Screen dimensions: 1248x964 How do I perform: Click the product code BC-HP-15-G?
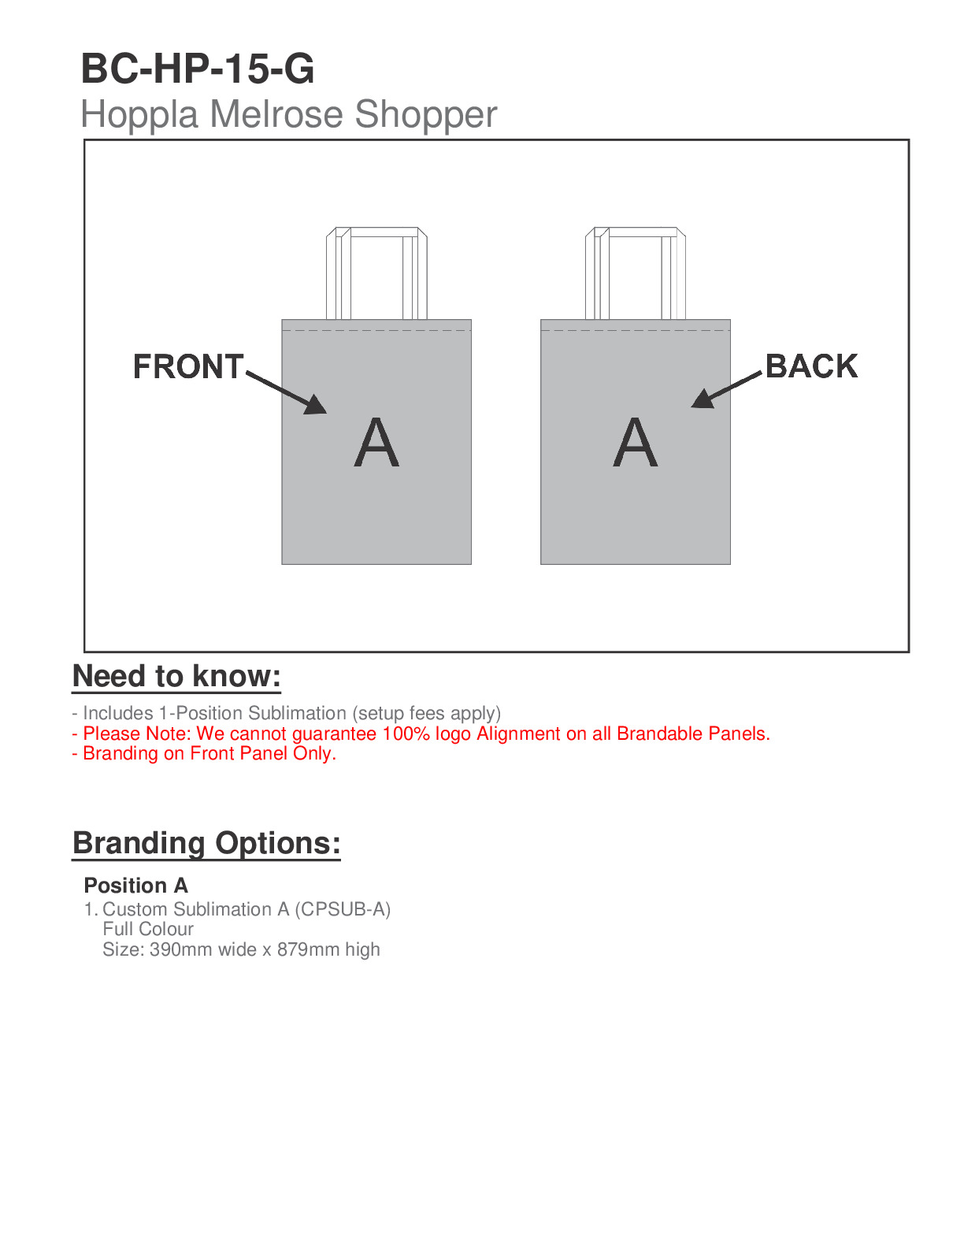tap(198, 69)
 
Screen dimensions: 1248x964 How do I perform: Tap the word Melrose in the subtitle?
tap(276, 114)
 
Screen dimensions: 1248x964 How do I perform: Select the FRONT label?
tap(188, 367)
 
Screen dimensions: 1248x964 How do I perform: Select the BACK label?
tap(811, 366)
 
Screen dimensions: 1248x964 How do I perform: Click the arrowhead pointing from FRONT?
tap(316, 405)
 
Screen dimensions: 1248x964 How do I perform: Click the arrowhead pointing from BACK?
tap(701, 399)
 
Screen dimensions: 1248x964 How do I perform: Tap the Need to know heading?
tap(176, 677)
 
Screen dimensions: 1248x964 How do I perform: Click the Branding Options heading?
tap(206, 843)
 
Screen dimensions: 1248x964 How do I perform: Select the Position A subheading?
tap(135, 886)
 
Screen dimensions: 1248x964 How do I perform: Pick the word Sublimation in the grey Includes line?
tap(297, 713)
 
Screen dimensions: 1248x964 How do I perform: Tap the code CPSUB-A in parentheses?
tap(343, 909)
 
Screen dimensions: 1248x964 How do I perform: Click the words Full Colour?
tap(148, 929)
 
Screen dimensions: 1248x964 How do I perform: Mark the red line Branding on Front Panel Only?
tap(204, 753)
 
